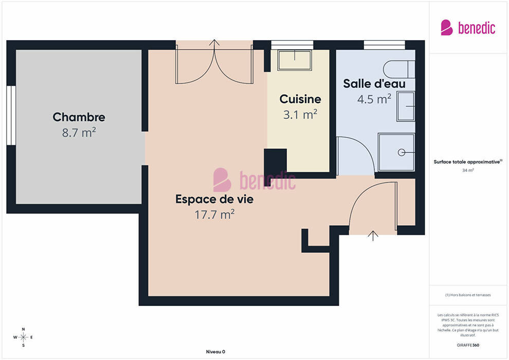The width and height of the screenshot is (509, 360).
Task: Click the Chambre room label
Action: [x=79, y=117]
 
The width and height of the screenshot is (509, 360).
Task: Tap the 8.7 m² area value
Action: [x=79, y=133]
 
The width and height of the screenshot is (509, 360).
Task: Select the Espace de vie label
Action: [x=214, y=199]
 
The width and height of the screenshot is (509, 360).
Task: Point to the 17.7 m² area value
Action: [x=214, y=214]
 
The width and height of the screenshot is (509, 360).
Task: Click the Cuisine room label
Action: [x=300, y=99]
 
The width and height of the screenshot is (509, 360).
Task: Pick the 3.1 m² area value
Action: [x=300, y=114]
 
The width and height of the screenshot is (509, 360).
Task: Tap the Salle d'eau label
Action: [x=374, y=83]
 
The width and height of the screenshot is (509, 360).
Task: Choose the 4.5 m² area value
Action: [x=374, y=99]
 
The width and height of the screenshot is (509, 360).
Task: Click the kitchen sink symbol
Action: [x=295, y=60]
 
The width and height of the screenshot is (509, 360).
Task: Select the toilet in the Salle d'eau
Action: [x=399, y=69]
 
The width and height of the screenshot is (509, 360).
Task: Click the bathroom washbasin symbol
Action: [x=406, y=106]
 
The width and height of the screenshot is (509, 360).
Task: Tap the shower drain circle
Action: [x=402, y=152]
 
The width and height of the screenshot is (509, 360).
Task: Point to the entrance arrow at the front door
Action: [x=373, y=236]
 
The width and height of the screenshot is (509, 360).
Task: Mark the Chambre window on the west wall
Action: [x=11, y=115]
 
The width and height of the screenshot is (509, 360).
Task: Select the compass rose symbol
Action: [x=23, y=337]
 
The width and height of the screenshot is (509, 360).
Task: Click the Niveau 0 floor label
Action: [x=215, y=352]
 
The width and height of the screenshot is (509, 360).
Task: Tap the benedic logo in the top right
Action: [x=468, y=28]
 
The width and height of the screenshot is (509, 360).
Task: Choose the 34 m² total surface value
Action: [x=468, y=170]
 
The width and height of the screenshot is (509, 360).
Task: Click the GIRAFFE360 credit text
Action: [x=468, y=345]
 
